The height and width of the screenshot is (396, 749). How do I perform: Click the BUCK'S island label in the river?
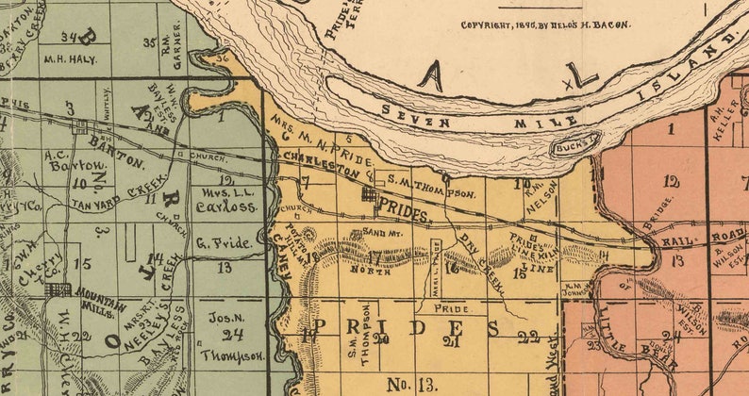click(575, 144)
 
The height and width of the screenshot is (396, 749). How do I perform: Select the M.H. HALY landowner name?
click(65, 58)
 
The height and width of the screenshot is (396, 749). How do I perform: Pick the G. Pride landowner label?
click(225, 243)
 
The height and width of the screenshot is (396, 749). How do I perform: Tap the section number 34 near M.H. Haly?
click(67, 38)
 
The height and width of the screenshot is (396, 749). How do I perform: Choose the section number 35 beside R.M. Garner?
click(149, 42)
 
